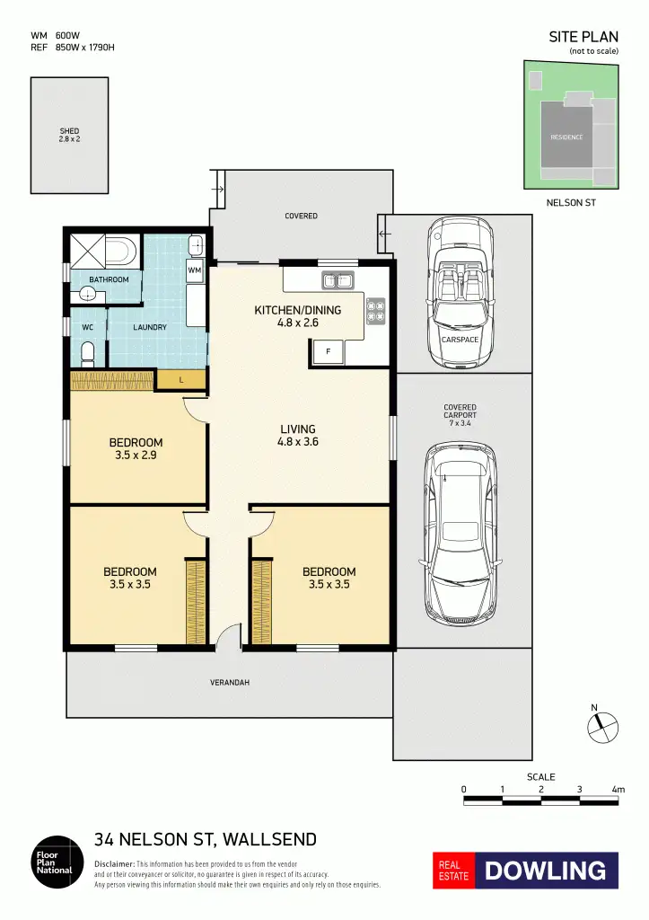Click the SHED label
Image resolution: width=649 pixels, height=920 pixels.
point(69,135)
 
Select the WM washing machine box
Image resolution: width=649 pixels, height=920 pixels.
point(195,270)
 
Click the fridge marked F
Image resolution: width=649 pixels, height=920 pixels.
point(328,352)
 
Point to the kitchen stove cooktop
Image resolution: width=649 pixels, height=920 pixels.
point(375,310)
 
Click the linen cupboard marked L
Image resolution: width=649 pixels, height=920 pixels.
point(180,381)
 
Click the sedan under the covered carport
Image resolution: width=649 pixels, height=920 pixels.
point(460,535)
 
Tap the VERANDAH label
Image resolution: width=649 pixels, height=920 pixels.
point(230,683)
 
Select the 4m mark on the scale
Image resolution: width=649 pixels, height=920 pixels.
point(618,790)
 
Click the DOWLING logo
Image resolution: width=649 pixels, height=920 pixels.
point(546,870)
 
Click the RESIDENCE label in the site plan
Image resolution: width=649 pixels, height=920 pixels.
point(566,137)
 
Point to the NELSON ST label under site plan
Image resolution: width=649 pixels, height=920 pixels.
point(571,203)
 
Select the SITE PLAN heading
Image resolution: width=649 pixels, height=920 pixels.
point(583,37)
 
